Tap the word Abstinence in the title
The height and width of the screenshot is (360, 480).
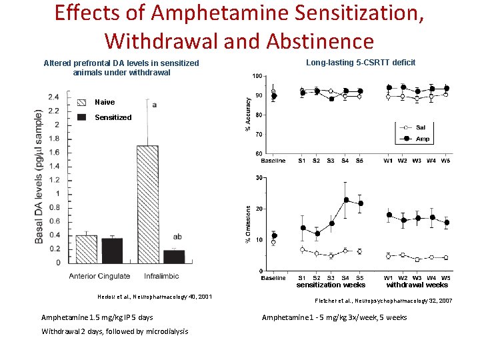pyautogui.click(x=319, y=41)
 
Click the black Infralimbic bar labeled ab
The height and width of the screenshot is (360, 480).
pyautogui.click(x=173, y=256)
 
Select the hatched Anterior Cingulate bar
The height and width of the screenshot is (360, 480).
pyautogui.click(x=86, y=249)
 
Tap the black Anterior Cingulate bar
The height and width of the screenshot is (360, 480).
pyautogui.click(x=111, y=250)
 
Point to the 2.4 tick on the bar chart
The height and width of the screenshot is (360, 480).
pyautogui.click(x=53, y=97)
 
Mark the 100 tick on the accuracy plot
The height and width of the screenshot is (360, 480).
pyautogui.click(x=257, y=76)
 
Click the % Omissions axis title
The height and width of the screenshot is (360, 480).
pyautogui.click(x=249, y=224)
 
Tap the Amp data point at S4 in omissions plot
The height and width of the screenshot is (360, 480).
pyautogui.click(x=346, y=200)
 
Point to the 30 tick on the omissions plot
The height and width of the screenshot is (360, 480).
pyautogui.click(x=259, y=178)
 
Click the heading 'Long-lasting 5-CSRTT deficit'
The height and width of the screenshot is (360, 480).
pyautogui.click(x=360, y=63)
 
